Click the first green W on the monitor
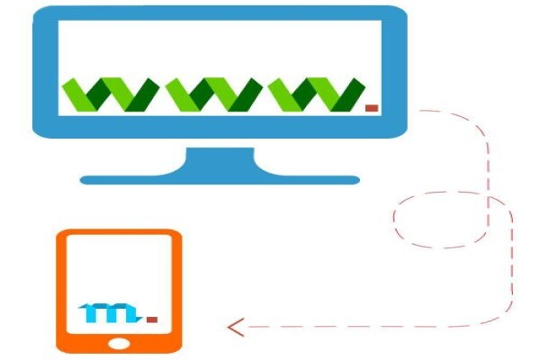point(110,94)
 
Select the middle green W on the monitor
point(213,94)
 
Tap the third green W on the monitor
point(316,94)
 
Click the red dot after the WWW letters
point(372,108)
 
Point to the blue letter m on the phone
point(110,313)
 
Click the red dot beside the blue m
point(152,319)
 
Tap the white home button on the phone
point(119,344)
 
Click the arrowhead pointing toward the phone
point(236,328)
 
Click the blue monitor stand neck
point(220,160)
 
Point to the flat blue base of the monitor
point(220,180)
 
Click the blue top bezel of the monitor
point(220,13)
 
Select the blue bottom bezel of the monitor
point(220,127)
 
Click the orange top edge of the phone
point(119,232)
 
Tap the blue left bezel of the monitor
point(46,69)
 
